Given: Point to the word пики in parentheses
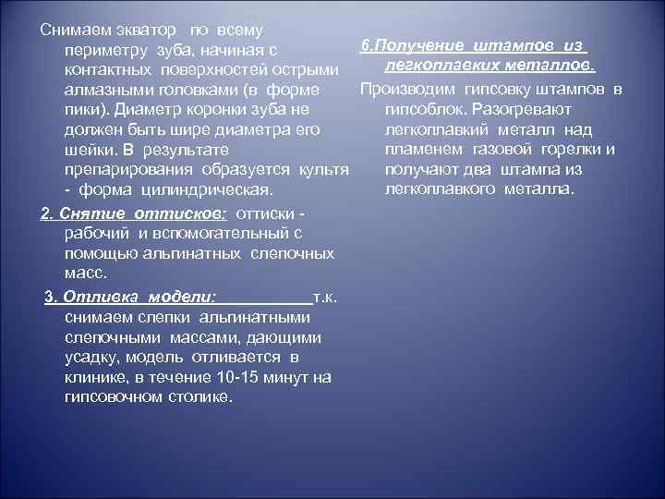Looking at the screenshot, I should (x=84, y=111).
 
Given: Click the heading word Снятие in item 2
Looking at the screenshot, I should (x=88, y=213).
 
